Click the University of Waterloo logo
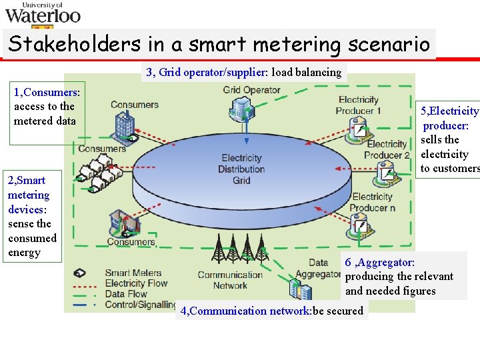43,13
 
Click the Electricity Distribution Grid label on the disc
241,169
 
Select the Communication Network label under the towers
230,280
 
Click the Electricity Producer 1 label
359,105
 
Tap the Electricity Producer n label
372,202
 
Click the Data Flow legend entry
126,294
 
